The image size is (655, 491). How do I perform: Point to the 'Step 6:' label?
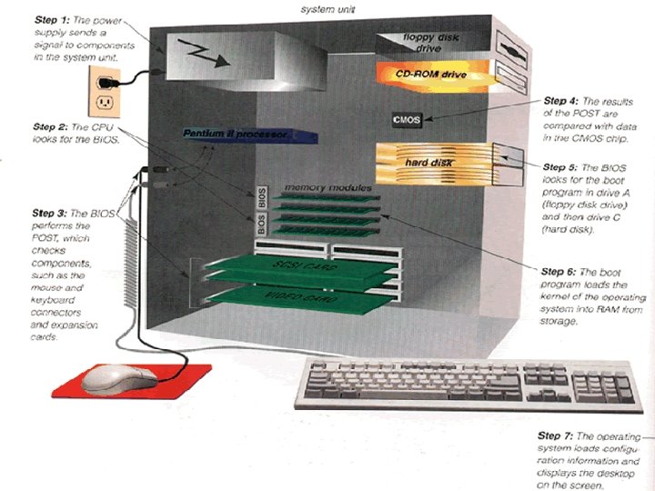[558, 271]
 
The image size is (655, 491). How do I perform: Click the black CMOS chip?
[406, 120]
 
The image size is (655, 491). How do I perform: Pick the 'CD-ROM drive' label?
[429, 74]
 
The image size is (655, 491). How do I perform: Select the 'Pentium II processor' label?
[235, 135]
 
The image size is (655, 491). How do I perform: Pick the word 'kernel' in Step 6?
[559, 298]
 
